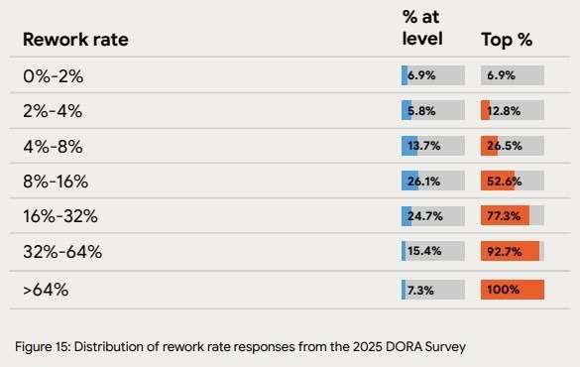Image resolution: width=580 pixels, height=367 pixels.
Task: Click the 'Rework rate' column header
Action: point(75,40)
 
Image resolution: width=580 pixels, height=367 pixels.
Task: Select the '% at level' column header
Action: point(421,30)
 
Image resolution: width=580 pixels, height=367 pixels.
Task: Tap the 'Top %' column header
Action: point(507,40)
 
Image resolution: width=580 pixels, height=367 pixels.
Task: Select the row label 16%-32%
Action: point(60,216)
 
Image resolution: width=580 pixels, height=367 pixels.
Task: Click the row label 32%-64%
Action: point(61,252)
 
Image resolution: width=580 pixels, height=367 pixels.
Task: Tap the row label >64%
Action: point(46,290)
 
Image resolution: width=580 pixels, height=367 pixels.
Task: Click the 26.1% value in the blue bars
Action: point(425,182)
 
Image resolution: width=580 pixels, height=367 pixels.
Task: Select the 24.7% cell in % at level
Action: point(425,216)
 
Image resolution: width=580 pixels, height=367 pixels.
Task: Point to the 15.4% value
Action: point(424,252)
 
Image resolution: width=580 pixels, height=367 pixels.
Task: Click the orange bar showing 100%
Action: point(512,290)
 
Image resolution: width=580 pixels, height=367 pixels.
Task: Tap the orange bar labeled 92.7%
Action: point(509,252)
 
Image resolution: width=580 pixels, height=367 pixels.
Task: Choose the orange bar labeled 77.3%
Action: point(505,216)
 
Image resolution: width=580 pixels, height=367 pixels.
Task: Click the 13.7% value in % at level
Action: point(424,147)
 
